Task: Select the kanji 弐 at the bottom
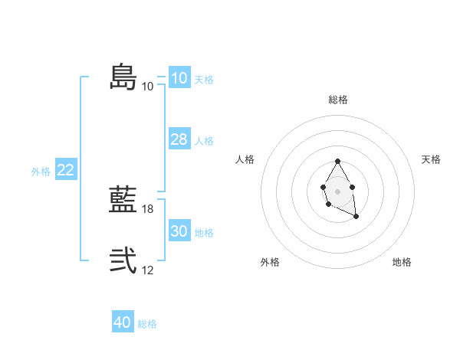[x=123, y=260]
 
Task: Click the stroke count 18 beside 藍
[x=148, y=208]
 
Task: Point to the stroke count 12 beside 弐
[x=148, y=270]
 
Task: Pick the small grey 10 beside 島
[x=148, y=86]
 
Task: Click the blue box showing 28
[x=179, y=139]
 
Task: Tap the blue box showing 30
[x=179, y=231]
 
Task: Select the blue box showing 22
[x=65, y=170]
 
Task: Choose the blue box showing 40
[x=122, y=322]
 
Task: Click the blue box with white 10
[x=179, y=78]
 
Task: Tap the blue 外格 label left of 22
[x=41, y=172]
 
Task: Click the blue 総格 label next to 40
[x=147, y=324]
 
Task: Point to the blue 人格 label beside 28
[x=204, y=141]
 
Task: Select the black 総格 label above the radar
[x=338, y=100]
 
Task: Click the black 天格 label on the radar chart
[x=431, y=159]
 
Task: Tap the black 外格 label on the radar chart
[x=270, y=262]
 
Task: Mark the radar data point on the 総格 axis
[x=337, y=162]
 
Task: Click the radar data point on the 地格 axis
[x=356, y=217]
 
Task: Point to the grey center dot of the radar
[x=337, y=191]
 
